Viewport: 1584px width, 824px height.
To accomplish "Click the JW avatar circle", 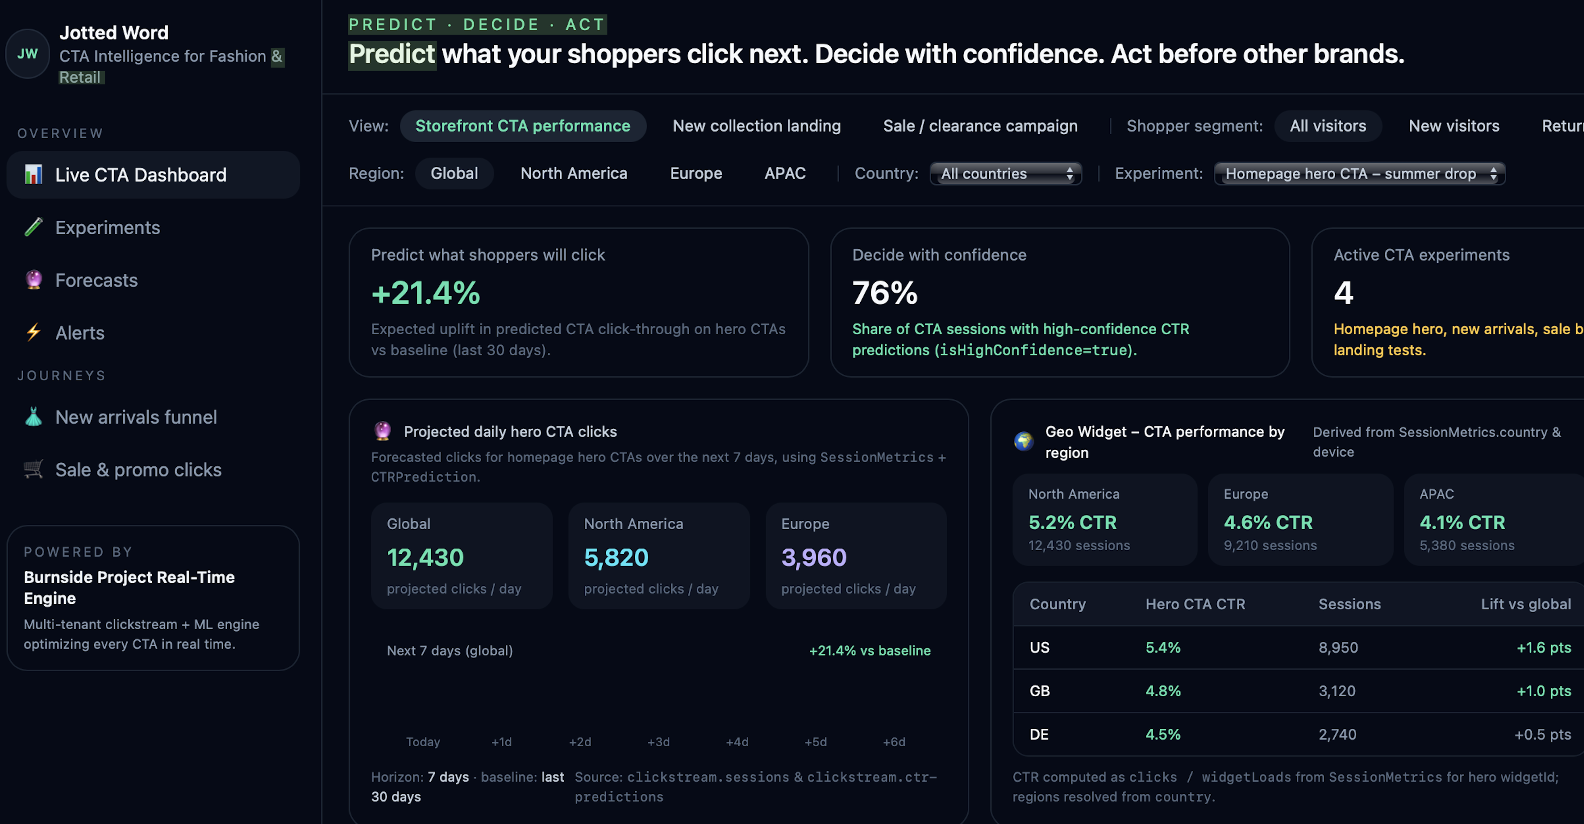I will point(27,54).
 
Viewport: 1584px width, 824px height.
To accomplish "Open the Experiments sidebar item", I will point(107,228).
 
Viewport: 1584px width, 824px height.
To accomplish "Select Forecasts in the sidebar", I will point(97,280).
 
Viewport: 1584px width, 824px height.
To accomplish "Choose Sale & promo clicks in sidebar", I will point(138,470).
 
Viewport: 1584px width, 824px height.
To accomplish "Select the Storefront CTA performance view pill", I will point(523,126).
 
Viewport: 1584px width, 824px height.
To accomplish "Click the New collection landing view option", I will point(756,126).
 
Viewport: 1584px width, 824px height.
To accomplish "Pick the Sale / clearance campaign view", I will point(980,126).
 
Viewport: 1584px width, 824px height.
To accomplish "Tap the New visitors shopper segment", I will point(1454,126).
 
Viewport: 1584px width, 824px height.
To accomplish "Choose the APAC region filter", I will point(785,173).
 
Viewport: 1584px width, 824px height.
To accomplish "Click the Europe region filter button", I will point(695,173).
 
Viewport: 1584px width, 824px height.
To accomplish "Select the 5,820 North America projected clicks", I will point(616,557).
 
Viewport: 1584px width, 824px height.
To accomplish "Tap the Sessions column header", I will point(1349,605).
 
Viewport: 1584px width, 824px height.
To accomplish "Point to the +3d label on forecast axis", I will point(658,742).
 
